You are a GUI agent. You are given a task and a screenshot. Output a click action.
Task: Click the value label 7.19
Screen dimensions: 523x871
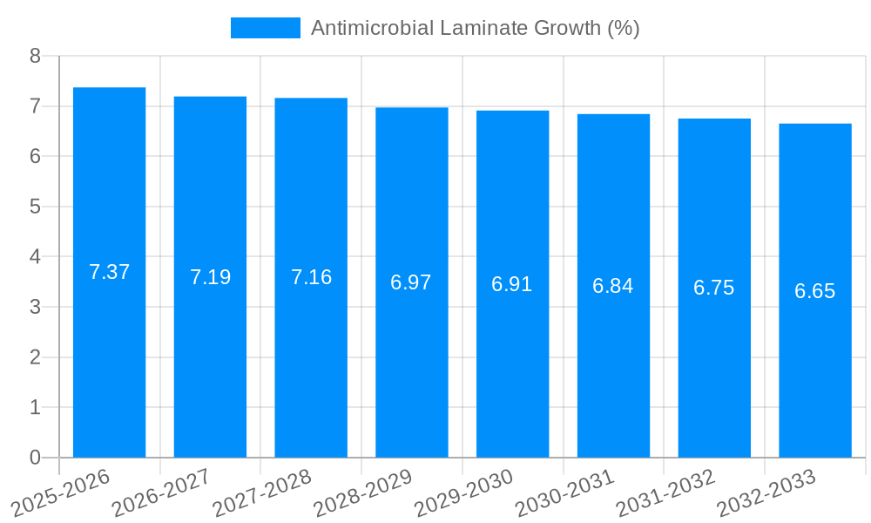(x=210, y=277)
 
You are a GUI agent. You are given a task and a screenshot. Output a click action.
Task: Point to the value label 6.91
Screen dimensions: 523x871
(x=512, y=284)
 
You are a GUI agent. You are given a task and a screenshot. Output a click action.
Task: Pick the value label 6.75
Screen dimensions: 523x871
(x=714, y=288)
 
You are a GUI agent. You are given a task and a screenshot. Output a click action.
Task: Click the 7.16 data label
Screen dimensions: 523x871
(x=311, y=277)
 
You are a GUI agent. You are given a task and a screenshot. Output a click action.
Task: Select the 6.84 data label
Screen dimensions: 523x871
(x=613, y=286)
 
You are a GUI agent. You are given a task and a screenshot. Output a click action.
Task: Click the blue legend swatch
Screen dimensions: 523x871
(x=265, y=28)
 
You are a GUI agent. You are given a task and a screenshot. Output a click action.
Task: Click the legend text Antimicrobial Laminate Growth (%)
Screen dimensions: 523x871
(x=475, y=28)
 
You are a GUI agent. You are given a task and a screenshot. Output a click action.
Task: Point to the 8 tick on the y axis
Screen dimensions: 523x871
(x=35, y=57)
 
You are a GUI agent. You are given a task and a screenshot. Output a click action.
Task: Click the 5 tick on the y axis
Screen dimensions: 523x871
(x=35, y=207)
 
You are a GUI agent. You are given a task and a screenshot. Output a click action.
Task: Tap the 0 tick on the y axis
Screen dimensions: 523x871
(x=35, y=458)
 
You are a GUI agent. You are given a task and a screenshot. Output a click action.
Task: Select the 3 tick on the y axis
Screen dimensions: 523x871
(x=35, y=307)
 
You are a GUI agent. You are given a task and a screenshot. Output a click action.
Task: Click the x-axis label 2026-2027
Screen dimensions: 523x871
(x=160, y=492)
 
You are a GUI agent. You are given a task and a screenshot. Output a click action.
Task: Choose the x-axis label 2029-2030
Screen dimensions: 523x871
(x=463, y=492)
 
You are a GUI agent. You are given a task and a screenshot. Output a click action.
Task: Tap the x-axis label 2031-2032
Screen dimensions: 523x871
(x=665, y=492)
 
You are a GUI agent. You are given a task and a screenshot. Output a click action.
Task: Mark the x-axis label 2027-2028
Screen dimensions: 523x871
(x=261, y=492)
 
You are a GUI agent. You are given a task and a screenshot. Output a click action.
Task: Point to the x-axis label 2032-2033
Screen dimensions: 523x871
(x=766, y=492)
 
